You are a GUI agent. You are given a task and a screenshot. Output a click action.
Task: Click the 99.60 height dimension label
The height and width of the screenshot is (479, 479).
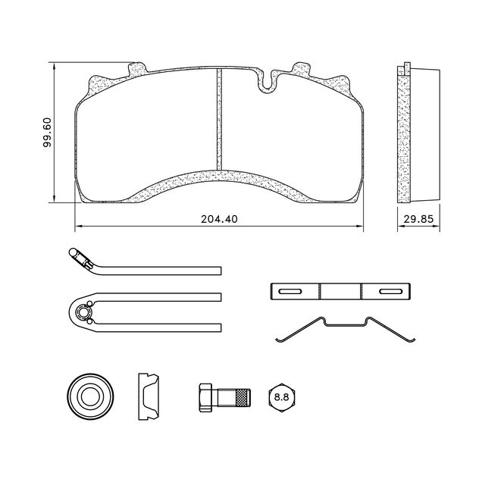pos(46,133)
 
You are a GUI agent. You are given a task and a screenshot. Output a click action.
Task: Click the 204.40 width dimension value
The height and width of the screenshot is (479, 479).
pos(220,219)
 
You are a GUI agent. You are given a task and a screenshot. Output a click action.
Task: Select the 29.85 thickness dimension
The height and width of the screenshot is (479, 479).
pos(418,219)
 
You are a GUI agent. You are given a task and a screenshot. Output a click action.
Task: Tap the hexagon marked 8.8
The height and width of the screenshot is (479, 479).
pos(281,396)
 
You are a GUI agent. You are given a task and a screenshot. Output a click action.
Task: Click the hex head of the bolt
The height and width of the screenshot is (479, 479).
pos(205,396)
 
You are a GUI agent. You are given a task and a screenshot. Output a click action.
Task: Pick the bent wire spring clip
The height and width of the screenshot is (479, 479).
pos(344,330)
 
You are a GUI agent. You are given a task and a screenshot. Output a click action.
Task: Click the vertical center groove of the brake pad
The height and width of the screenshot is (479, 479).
pos(219,120)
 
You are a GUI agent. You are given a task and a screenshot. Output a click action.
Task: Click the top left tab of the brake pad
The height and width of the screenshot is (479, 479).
pos(137,69)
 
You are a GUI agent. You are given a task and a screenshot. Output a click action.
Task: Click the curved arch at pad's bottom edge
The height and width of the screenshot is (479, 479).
pos(220,180)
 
